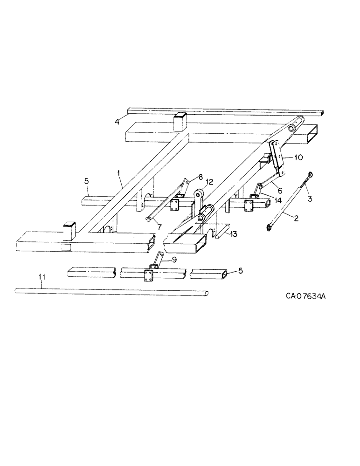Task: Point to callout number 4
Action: [x=118, y=123]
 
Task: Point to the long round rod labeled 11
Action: [x=112, y=292]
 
